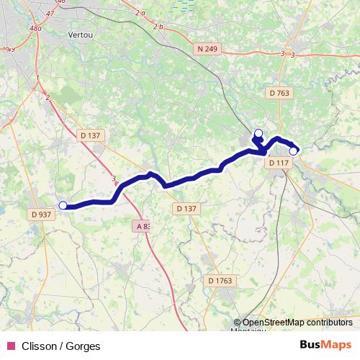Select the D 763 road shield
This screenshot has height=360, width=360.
click(x=280, y=92)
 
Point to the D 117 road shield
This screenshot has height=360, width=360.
click(x=279, y=163)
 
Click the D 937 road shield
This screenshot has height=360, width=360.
click(x=42, y=214)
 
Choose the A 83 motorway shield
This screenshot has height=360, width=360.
click(x=143, y=226)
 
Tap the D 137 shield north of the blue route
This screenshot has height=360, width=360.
click(x=91, y=135)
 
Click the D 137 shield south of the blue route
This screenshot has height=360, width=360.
click(x=186, y=208)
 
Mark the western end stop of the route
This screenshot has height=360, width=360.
click(x=63, y=205)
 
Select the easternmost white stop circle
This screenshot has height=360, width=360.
click(x=293, y=151)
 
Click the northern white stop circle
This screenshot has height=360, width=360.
click(x=258, y=132)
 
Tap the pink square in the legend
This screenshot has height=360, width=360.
click(x=10, y=346)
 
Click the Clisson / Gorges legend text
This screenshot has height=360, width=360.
click(x=61, y=346)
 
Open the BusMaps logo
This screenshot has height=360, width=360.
click(x=325, y=345)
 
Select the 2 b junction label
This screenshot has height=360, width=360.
click(x=158, y=27)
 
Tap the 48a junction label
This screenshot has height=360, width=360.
click(x=35, y=28)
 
